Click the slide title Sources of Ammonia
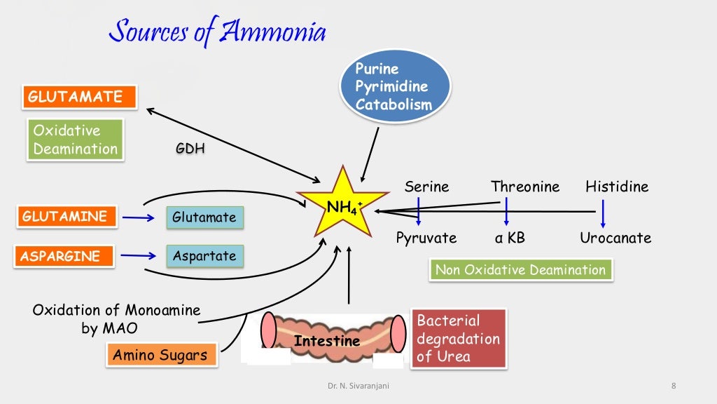218,32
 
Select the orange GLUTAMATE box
78,97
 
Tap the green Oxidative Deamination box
76,140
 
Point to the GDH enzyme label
190,149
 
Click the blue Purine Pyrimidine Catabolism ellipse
395,87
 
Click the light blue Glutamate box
204,217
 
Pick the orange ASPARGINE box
64,255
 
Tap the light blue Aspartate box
204,255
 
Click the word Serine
426,187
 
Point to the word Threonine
525,187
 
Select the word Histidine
617,187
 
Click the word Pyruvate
426,238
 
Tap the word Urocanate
615,238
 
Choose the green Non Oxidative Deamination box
520,270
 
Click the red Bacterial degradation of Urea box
458,338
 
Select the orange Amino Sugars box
160,355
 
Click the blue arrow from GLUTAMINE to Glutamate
138,217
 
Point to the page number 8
673,385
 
